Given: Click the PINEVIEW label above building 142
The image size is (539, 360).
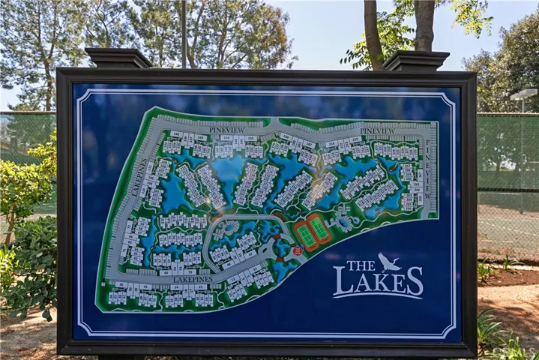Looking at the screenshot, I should pos(227,130).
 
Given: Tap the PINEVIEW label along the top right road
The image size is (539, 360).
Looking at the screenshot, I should pos(377,130).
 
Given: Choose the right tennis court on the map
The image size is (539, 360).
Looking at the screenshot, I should pos(320,228).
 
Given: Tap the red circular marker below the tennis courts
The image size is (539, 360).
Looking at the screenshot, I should pos(298,251).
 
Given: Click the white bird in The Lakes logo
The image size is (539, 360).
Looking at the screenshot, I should pos(390,262).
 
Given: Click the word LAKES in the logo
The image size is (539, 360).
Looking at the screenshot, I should pos(378,283).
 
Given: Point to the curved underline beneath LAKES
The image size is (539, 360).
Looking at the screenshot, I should pos(378,298).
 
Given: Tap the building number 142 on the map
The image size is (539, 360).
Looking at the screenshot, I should pos(176,134).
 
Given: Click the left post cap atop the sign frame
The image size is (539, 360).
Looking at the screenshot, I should pos(118,58).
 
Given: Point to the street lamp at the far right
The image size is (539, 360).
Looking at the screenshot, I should pos(523,96).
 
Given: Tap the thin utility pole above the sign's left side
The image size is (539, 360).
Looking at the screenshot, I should pos(184,34).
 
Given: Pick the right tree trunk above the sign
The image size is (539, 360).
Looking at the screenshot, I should pos(424,25).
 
